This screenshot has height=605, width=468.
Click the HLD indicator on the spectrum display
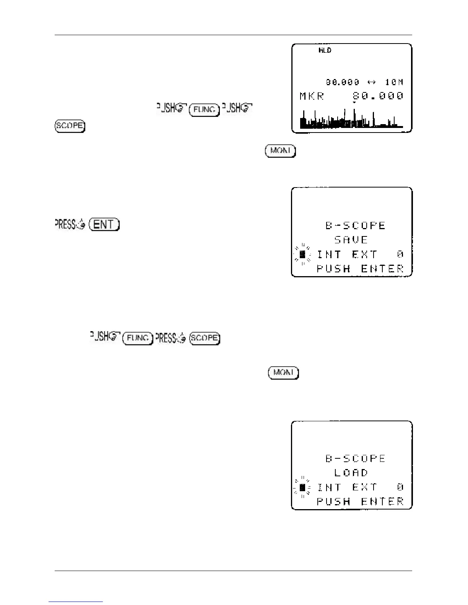[x=325, y=50]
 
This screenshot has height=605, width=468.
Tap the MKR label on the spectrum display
[x=312, y=96]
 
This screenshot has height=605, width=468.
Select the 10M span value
[x=394, y=82]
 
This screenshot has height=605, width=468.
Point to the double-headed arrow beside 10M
[x=372, y=82]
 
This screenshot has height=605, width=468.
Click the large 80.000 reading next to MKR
[x=378, y=96]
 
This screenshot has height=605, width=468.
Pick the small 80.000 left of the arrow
[x=343, y=82]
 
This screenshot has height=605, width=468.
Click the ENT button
[x=104, y=224]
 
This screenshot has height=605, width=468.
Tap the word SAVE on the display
[x=351, y=240]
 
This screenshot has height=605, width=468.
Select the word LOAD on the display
[x=351, y=473]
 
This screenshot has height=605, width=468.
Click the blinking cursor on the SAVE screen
[x=302, y=254]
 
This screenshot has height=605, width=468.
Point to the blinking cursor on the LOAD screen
[x=302, y=487]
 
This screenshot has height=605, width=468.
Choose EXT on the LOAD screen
[x=365, y=487]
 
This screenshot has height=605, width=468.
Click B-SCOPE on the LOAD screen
[x=356, y=458]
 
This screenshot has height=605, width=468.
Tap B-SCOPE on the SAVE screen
[x=356, y=225]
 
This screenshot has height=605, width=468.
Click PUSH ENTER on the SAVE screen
[x=360, y=269]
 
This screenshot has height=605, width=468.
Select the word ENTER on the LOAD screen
[x=382, y=501]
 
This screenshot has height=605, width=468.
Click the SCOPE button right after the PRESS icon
[x=205, y=338]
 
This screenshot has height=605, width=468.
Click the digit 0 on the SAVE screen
[x=400, y=254]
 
